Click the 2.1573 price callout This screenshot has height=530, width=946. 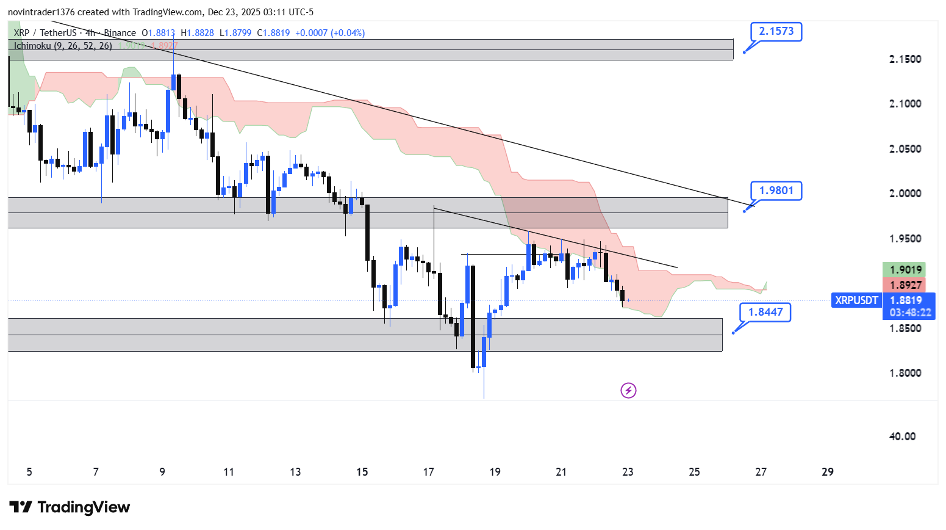(x=776, y=31)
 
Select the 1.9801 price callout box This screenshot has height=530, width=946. (x=776, y=191)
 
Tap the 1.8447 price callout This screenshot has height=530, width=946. (x=765, y=312)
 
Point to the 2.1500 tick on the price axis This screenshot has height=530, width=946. (x=905, y=59)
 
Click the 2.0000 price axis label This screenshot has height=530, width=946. (x=905, y=194)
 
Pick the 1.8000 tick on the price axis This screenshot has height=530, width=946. (x=905, y=373)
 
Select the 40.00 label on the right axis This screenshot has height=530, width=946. (x=902, y=437)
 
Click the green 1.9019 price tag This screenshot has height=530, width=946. (x=905, y=270)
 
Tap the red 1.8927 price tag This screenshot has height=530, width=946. (x=905, y=285)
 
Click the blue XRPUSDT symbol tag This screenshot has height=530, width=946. (x=856, y=300)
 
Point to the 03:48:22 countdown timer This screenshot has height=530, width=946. (x=910, y=313)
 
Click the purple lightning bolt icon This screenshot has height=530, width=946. (x=628, y=390)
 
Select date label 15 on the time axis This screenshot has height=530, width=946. (x=362, y=472)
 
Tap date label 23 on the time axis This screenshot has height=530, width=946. (x=628, y=472)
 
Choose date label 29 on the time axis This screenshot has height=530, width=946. (x=827, y=472)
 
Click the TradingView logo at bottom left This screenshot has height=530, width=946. (x=70, y=507)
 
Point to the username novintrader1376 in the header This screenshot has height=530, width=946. (x=41, y=12)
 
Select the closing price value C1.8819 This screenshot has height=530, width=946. (x=273, y=33)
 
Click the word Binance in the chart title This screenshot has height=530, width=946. (x=120, y=33)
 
